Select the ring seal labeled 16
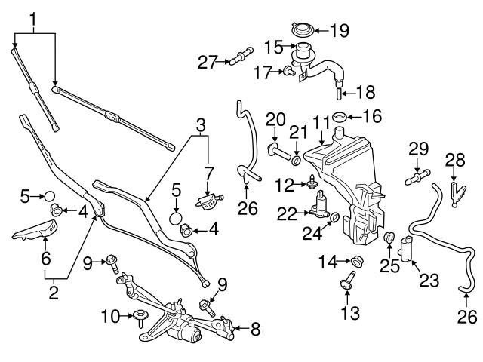pyautogui.click(x=340, y=118)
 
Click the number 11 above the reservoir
pyautogui.click(x=321, y=122)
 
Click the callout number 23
pyautogui.click(x=429, y=281)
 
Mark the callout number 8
pyautogui.click(x=255, y=328)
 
